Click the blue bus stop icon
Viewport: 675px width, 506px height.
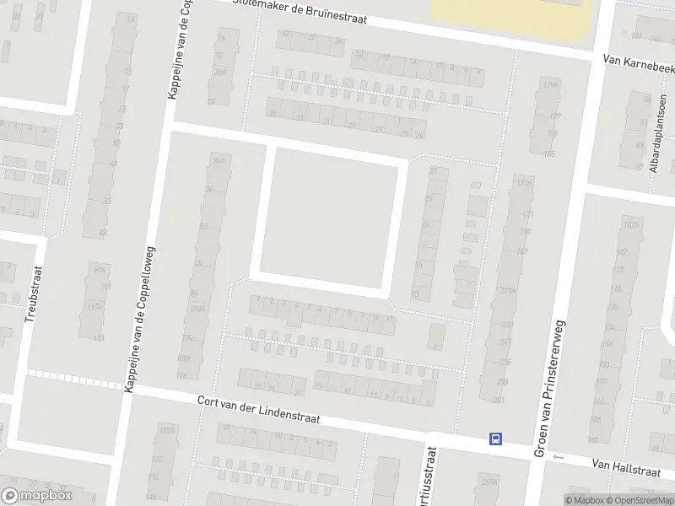pos(495,438)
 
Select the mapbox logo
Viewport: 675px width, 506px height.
pos(37,495)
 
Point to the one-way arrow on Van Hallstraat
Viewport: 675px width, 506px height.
pos(557,456)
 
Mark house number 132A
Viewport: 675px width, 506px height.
pos(167,430)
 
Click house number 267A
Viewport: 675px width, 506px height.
pos(488,482)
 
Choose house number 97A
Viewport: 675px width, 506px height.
pos(100,270)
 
